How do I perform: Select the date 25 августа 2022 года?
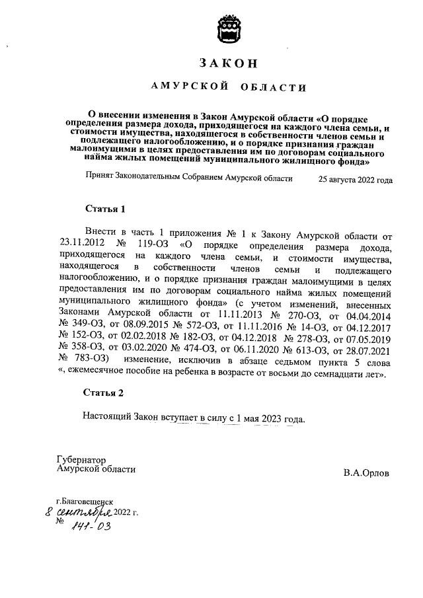[x=355, y=179]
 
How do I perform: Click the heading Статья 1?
[x=104, y=209]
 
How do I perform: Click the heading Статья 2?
[x=104, y=394]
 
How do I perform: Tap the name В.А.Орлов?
[x=366, y=473]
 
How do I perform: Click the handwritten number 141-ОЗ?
[x=92, y=527]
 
